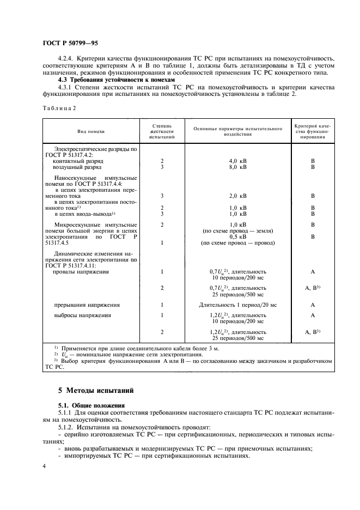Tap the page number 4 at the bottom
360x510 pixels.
[44, 466]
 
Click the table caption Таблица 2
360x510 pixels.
[59, 108]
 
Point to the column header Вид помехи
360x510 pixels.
[91, 131]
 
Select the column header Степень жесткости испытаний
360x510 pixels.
[162, 131]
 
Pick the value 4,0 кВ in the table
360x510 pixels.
[237, 161]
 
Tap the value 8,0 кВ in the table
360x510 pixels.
[237, 167]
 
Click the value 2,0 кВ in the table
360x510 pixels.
[237, 195]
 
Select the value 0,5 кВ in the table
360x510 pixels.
[237, 237]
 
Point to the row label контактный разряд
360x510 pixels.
[78, 161]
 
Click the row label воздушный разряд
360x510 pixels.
[77, 167]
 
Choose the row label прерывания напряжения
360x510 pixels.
[87, 305]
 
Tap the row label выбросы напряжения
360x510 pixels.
[82, 315]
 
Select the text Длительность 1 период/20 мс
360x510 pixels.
[237, 305]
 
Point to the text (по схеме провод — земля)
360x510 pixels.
[237, 231]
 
